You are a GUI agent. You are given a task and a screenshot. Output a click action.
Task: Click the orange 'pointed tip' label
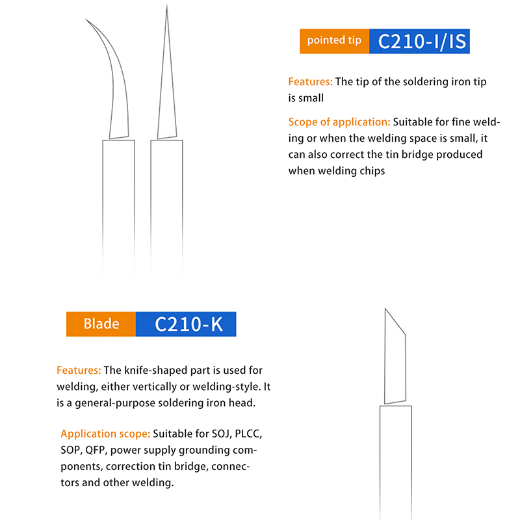334,41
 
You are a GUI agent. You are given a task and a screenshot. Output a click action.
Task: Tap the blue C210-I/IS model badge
419,41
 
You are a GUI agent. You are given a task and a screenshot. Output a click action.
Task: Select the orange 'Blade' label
101,324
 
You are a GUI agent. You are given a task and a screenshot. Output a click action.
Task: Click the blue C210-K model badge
186,324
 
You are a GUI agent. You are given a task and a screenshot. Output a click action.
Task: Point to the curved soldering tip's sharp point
86,19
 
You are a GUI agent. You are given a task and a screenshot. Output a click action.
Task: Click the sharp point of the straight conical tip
167,5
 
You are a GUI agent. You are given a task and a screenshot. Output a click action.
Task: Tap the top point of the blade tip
385,309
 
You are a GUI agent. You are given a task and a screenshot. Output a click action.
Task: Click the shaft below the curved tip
118,213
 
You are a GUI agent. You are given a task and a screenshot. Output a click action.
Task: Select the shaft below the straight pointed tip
166,213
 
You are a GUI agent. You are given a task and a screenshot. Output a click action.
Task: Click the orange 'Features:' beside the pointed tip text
310,82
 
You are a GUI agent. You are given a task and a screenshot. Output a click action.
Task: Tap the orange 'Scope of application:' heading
339,122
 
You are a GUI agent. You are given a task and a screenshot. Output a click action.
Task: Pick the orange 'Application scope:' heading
105,434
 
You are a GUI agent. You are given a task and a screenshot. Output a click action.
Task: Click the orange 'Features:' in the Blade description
79,370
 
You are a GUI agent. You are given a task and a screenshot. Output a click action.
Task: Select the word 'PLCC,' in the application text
248,434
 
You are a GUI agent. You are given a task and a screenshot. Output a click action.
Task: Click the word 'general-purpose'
115,403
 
